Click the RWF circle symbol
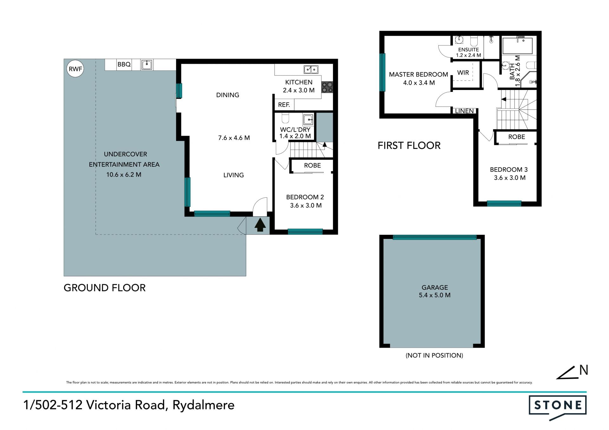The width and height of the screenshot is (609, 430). (x=75, y=68)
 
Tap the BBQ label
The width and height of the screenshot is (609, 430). (x=124, y=64)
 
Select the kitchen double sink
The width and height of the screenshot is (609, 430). (x=311, y=69)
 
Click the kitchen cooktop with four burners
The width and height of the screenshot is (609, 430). (x=327, y=87)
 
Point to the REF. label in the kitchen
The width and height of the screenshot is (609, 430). (x=284, y=105)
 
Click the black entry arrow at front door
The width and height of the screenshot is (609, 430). (x=260, y=225)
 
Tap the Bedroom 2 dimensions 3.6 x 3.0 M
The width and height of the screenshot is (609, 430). (x=306, y=205)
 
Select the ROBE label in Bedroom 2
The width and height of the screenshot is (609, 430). (x=312, y=165)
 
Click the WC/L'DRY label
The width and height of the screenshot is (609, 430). (x=295, y=130)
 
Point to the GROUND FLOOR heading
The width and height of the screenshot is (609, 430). (x=105, y=288)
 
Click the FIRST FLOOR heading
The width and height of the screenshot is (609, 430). (x=409, y=145)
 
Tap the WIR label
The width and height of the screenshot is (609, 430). (x=463, y=73)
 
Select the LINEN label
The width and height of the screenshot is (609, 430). (x=464, y=111)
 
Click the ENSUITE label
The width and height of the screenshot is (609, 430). (x=468, y=49)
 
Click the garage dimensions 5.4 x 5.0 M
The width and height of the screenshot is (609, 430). (x=435, y=295)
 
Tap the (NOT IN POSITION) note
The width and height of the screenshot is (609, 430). (x=434, y=355)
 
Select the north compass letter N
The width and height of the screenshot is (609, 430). (x=584, y=370)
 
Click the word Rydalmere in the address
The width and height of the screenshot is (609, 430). (x=203, y=405)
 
